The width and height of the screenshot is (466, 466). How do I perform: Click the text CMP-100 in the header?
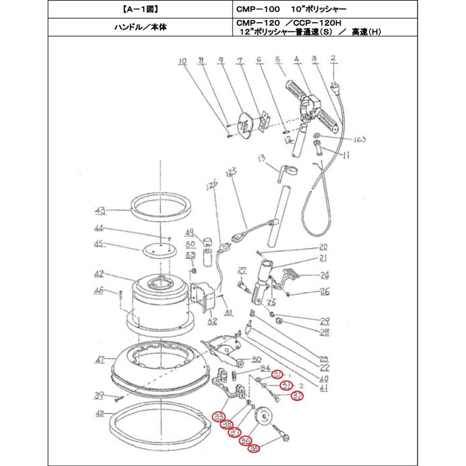(257, 10)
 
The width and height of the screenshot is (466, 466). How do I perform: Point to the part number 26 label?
(324, 292)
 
